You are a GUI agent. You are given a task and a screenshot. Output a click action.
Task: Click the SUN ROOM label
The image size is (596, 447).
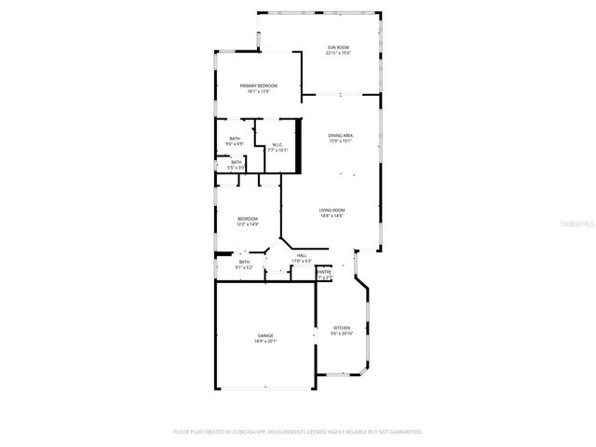[338, 47]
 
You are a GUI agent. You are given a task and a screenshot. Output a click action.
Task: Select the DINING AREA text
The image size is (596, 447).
[340, 136]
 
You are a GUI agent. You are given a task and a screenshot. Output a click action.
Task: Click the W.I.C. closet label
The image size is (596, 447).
[278, 144]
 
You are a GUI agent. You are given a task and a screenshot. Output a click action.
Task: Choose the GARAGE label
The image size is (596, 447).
[265, 335]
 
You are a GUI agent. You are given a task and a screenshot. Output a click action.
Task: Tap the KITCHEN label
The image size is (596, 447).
[342, 328]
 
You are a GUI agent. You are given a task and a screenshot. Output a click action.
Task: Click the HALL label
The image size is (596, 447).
[302, 255]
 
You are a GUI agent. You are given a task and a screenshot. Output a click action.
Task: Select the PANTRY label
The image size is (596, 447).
[324, 272]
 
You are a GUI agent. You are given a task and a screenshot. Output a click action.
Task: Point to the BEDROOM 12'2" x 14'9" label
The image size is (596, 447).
[247, 219]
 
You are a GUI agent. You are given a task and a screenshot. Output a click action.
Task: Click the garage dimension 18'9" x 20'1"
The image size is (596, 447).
[265, 342]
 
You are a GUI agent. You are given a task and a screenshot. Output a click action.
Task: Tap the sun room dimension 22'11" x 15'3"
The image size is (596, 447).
[338, 53]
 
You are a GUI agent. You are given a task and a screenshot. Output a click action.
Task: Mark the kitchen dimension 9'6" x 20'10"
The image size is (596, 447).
[342, 333]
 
